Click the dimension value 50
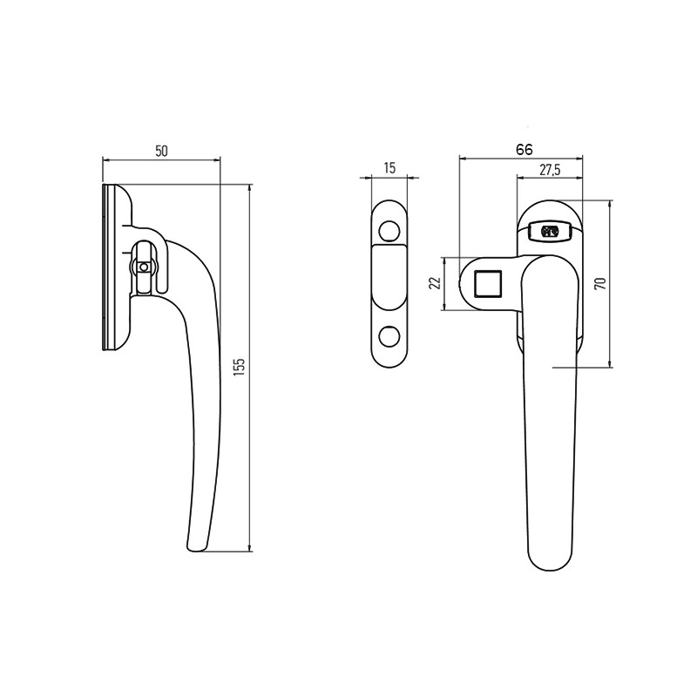(161, 151)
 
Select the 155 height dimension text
(239, 367)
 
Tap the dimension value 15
(389, 168)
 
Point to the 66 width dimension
(524, 150)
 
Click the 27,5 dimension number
(550, 170)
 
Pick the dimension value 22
(436, 283)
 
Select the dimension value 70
(600, 284)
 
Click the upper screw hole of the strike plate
(389, 231)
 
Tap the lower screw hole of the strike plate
(389, 336)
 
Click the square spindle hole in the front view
(488, 284)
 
